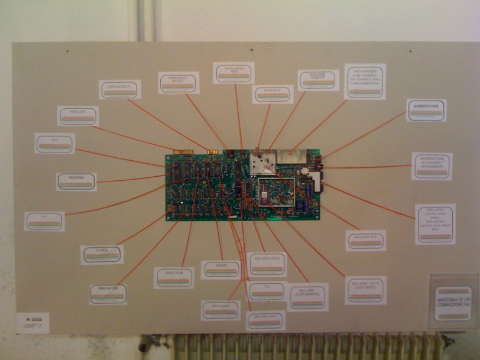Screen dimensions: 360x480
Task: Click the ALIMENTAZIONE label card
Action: (x=426, y=110)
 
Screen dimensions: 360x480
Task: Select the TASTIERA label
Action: (x=76, y=181)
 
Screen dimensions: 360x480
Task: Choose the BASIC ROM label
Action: (x=174, y=277)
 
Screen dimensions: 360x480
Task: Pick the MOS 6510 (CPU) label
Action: (x=267, y=264)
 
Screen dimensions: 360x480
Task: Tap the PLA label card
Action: (x=267, y=291)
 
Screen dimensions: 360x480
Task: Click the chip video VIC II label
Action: (x=365, y=290)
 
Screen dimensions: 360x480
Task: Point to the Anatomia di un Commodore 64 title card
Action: (x=453, y=304)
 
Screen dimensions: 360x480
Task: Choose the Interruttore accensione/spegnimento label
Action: (x=432, y=166)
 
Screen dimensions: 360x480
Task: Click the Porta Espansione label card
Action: (x=364, y=82)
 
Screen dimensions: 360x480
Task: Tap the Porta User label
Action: (x=77, y=115)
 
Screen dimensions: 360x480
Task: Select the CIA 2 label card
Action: (x=54, y=143)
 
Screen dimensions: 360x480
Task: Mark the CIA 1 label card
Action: (x=44, y=221)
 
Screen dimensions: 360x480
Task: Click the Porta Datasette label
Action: (x=119, y=89)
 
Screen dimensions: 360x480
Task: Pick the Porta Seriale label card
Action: (x=179, y=82)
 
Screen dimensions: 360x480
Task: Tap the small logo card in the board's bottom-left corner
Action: (x=33, y=323)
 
